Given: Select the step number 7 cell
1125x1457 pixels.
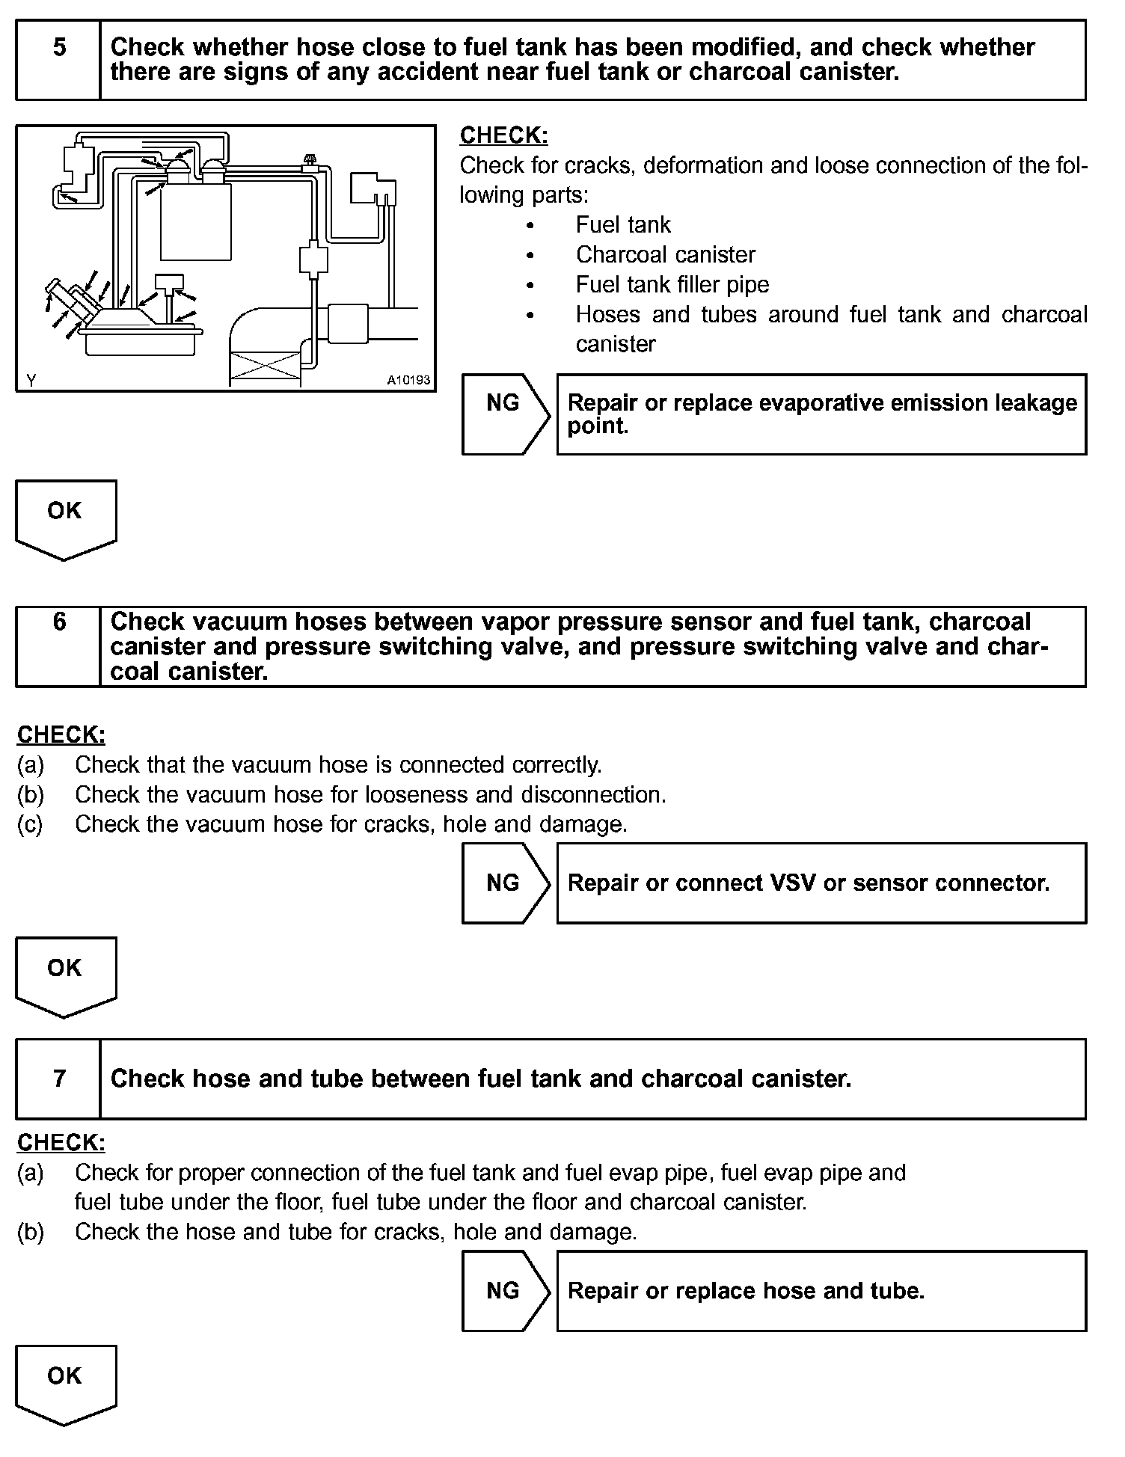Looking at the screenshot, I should (x=59, y=1078).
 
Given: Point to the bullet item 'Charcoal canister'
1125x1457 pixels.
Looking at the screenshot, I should (x=665, y=255).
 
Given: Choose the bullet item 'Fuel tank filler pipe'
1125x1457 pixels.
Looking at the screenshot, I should (x=672, y=285).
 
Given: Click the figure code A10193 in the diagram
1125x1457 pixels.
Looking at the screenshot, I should (x=408, y=380).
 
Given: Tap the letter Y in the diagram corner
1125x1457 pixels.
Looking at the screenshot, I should (x=31, y=380).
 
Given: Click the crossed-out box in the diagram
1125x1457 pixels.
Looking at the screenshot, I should (x=265, y=369).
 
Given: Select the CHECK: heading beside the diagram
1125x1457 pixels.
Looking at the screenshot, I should (x=503, y=135).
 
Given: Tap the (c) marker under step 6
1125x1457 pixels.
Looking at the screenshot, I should (x=30, y=824).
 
